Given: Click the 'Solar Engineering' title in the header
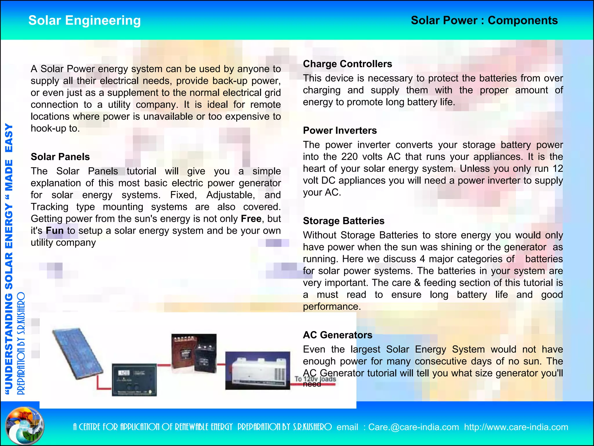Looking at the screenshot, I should coord(84,21).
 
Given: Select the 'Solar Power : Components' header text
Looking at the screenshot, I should coord(484,21).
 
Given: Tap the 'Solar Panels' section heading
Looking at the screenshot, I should coord(60,157).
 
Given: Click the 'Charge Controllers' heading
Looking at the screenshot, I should coord(347,64).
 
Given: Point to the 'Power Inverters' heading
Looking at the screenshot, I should coord(340,130).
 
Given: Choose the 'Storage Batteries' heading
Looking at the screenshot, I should coord(344,221).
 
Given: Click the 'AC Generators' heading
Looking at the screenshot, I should coord(338,335).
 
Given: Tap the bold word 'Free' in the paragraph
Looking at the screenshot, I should coord(251,219).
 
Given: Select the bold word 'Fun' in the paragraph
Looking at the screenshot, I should coord(55,231).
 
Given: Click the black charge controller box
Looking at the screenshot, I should coord(134,380).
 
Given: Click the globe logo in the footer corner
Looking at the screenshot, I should coord(25,426).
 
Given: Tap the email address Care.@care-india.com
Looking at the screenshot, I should coord(414,427).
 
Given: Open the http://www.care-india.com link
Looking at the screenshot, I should coord(516,427).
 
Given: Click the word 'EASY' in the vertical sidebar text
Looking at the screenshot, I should coord(9,138).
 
